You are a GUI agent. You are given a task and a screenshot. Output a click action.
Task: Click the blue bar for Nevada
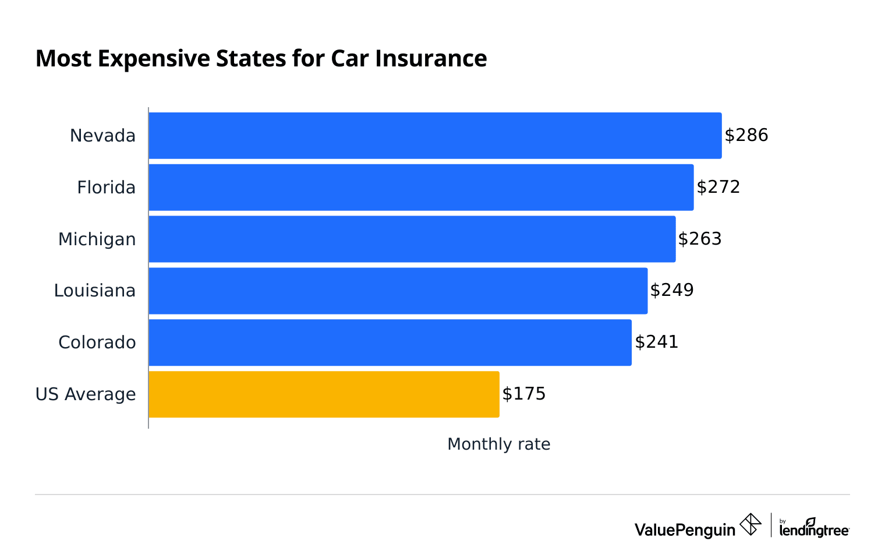[x=435, y=136]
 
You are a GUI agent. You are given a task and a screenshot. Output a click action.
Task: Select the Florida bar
[x=421, y=188]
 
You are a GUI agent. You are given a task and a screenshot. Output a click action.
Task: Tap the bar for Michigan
[x=412, y=239]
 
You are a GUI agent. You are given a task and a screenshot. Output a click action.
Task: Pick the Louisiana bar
[x=398, y=291]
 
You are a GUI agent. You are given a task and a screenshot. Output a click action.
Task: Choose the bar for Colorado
[x=390, y=342]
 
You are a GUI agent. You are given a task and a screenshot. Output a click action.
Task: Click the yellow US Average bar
[x=324, y=394]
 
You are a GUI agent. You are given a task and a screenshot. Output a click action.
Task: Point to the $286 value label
[x=746, y=136]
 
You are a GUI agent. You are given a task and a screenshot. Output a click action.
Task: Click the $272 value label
[x=718, y=187]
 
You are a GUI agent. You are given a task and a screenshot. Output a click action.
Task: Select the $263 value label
[x=700, y=239]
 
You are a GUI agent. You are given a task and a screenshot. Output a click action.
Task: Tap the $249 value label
[x=672, y=290]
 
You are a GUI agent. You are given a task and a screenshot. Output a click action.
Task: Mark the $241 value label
[x=657, y=342]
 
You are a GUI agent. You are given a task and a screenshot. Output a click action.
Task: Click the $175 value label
[x=524, y=394]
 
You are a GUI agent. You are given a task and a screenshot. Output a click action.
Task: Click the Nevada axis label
[x=102, y=136]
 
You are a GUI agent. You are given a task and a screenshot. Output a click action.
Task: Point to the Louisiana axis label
[x=94, y=291]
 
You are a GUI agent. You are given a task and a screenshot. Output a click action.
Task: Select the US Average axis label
[x=86, y=394]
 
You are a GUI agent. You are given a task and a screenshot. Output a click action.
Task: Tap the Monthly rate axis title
[x=498, y=444]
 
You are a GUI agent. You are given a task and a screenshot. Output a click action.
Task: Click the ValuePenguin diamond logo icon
[x=750, y=524]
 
